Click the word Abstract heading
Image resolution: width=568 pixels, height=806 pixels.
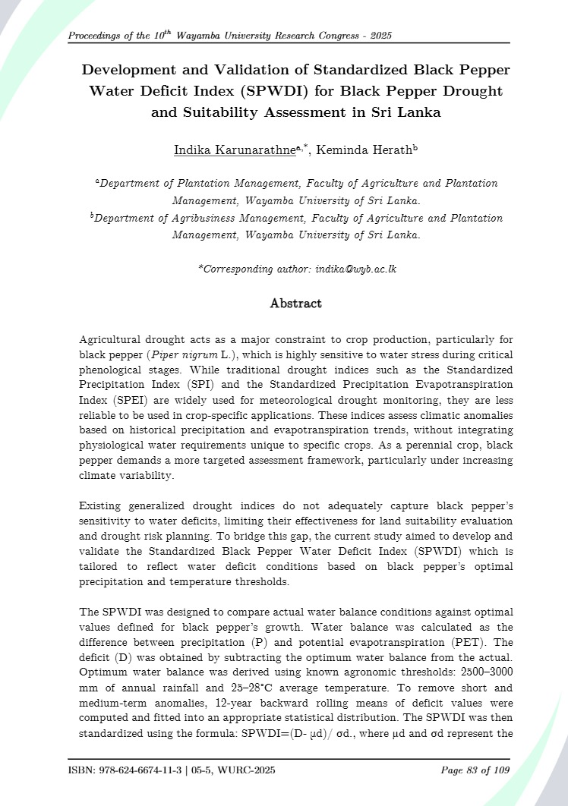click(x=295, y=304)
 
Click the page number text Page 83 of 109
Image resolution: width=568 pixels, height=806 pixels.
click(x=475, y=771)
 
